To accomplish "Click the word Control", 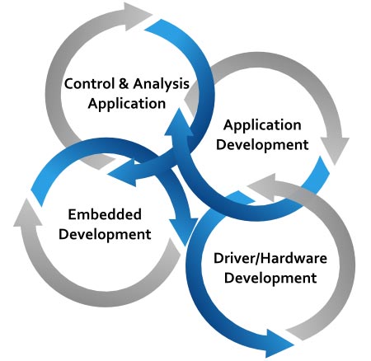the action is pos(89,83).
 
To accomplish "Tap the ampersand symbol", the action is pos(124,83).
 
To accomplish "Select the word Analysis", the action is pos(162,84).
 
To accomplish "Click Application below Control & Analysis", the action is pos(127,104).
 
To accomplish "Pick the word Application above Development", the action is pos(262,125).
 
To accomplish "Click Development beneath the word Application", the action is pos(262,145).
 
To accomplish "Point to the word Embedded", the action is pos(105,214).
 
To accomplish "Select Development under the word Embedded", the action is pos(105,234).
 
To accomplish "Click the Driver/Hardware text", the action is pos(270,258).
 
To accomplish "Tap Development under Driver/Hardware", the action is pos(270,278).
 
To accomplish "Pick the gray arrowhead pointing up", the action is pos(27,213).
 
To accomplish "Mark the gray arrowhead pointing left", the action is pos(262,187).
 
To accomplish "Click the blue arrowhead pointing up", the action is pos(179,122).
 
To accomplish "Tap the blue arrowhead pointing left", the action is pos(122,174).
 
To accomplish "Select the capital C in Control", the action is pos(68,83).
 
